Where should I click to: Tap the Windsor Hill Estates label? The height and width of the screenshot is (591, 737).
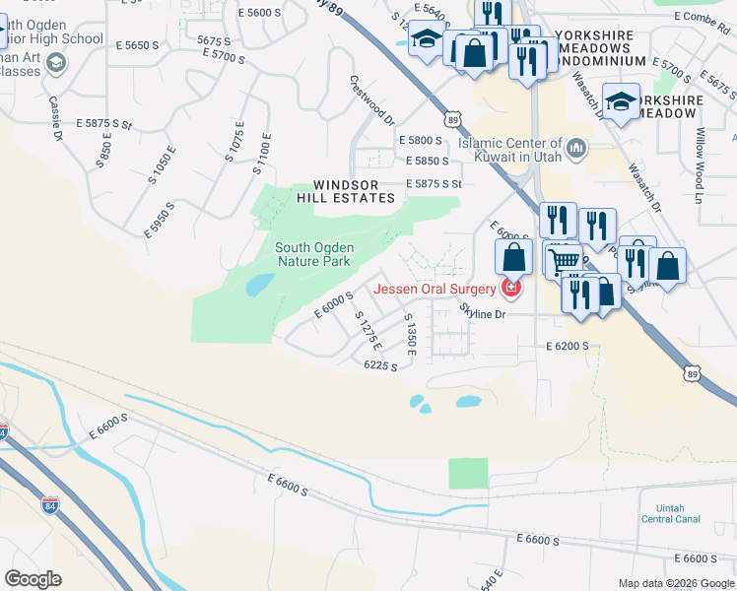click(354, 191)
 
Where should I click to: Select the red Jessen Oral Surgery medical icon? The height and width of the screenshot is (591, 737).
click(510, 289)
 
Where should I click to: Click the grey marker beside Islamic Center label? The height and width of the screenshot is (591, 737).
click(577, 149)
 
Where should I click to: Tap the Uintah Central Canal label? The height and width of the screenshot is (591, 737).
click(670, 512)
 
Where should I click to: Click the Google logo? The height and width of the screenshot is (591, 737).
click(33, 579)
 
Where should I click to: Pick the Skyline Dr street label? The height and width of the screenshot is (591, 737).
click(483, 313)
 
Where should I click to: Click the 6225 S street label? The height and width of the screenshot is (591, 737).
click(380, 365)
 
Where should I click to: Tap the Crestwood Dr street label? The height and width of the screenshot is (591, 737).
click(371, 101)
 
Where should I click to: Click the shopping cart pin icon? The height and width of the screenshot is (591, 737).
click(564, 261)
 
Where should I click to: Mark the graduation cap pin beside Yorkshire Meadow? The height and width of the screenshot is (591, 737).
click(621, 101)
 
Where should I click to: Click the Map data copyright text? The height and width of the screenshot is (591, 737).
click(676, 583)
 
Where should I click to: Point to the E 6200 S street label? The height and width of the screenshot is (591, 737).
click(567, 348)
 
